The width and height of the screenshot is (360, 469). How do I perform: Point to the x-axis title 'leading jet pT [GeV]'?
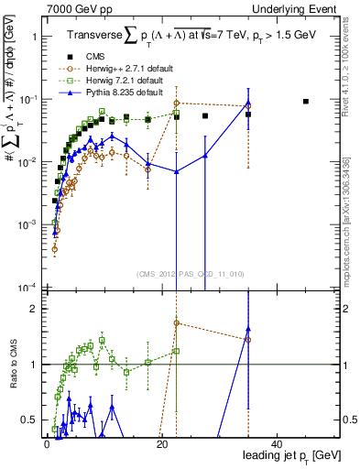[x=293, y=455]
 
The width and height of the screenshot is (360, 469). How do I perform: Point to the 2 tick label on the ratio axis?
[x=36, y=309]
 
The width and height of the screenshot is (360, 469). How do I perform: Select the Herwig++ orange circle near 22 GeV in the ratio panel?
[x=177, y=323]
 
